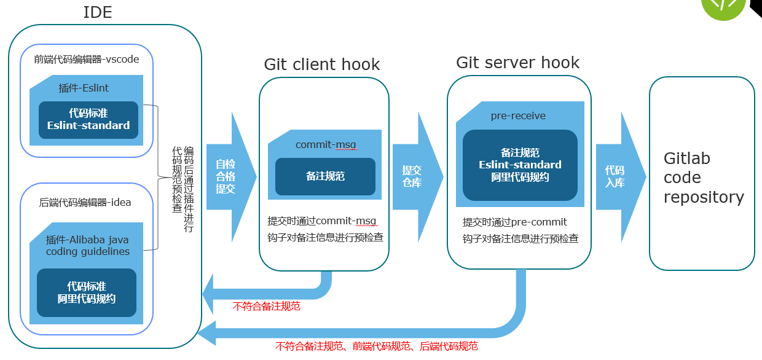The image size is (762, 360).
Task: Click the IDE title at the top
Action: point(98,12)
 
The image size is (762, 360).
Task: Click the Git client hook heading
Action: point(321,65)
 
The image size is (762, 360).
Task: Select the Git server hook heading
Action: point(517,63)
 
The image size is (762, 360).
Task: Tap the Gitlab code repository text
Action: point(703,178)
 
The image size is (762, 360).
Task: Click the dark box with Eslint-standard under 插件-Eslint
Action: point(88,119)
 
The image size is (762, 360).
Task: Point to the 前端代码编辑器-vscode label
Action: point(87,60)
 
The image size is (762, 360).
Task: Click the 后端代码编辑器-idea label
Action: point(85,202)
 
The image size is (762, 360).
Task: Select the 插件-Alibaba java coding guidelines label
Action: point(87,245)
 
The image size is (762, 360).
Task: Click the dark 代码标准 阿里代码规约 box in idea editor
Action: point(87,292)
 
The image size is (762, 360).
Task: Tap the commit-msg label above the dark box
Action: point(326,144)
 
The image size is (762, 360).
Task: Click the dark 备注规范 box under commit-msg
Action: point(325,176)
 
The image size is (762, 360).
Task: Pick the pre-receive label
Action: point(518,115)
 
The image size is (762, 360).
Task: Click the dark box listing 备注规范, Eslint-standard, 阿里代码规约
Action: point(520,165)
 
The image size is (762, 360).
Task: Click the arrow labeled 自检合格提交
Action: point(227,176)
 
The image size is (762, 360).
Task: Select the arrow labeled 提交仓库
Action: point(414,176)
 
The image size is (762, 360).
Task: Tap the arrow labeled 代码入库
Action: point(616,176)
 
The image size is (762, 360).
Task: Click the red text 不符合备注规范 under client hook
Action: point(267,306)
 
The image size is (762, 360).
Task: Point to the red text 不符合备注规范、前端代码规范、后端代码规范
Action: point(376,346)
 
